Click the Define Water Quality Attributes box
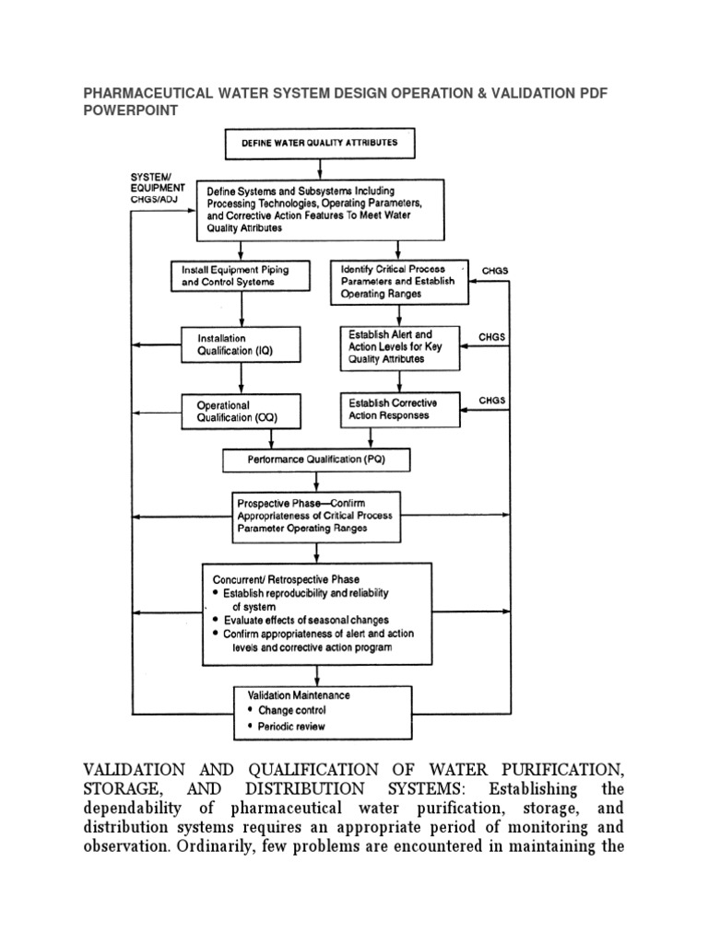[319, 144]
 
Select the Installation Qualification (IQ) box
[241, 344]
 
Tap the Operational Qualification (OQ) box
[241, 411]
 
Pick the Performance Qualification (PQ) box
[316, 460]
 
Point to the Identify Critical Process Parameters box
[398, 282]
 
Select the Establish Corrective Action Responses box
[398, 409]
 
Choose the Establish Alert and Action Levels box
[398, 347]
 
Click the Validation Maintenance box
[316, 711]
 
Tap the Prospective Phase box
[316, 516]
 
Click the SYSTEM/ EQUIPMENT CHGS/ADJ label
[158, 189]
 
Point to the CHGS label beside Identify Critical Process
[495, 271]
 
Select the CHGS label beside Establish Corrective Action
[492, 401]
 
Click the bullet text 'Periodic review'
[291, 727]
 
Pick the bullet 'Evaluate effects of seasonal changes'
[305, 620]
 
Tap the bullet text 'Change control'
[291, 710]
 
